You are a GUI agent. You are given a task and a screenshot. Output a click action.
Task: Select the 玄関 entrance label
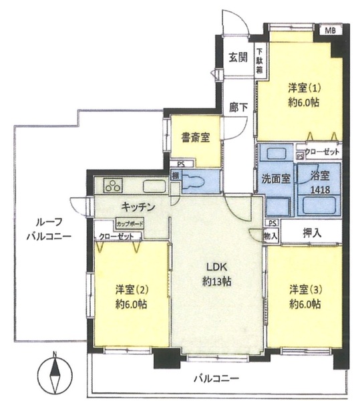click(x=237, y=57)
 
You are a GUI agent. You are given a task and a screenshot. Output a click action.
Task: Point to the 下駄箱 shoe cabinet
click(x=258, y=61)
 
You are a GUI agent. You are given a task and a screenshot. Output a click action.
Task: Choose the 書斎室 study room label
click(x=196, y=138)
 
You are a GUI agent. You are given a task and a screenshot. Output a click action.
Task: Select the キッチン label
click(x=138, y=207)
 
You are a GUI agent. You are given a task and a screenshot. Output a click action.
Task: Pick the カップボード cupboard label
click(x=128, y=225)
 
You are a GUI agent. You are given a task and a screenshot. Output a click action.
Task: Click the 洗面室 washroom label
click(x=275, y=178)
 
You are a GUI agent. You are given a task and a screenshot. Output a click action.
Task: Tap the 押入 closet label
click(x=313, y=233)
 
